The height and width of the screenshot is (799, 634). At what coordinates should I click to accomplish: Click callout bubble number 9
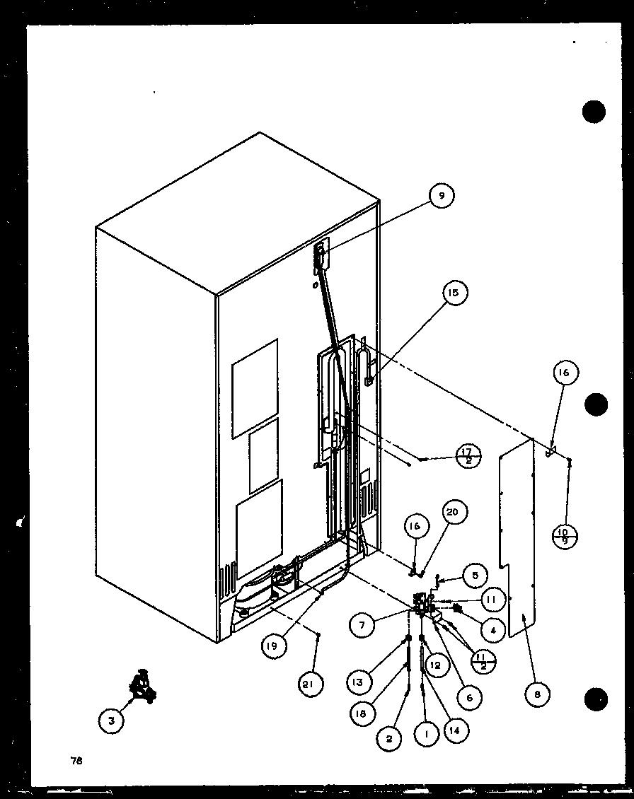441,197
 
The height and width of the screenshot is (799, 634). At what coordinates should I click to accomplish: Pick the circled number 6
468,696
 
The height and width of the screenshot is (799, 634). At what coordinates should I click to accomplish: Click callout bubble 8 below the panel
537,694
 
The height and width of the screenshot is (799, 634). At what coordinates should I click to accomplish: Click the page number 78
76,761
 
